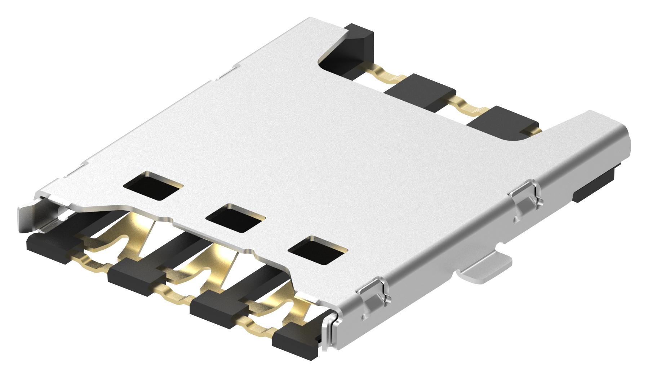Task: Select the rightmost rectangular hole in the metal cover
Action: point(318,250)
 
